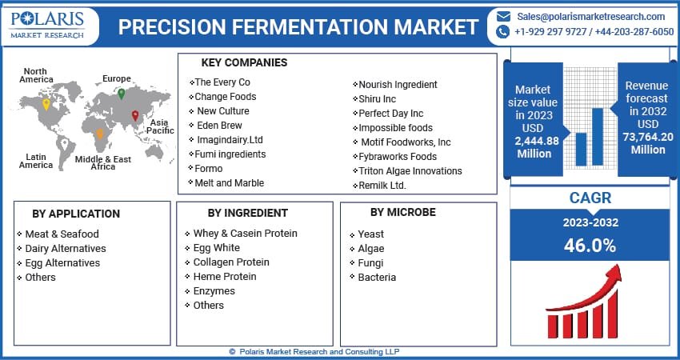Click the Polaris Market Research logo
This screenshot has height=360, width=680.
click(x=49, y=25)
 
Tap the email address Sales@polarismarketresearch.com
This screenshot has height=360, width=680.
click(x=590, y=16)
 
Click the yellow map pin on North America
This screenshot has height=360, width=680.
click(x=46, y=105)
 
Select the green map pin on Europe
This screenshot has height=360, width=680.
click(x=121, y=94)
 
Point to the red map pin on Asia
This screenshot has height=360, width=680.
click(x=135, y=117)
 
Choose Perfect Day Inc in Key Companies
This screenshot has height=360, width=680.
click(x=390, y=114)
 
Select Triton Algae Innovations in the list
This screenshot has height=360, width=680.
click(x=410, y=171)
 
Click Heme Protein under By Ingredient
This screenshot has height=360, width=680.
click(x=225, y=276)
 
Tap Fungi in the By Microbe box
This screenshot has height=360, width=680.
click(x=370, y=262)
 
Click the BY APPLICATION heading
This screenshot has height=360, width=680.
click(x=76, y=214)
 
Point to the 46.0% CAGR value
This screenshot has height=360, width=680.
click(x=589, y=245)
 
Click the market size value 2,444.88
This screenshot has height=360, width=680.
click(x=537, y=141)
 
